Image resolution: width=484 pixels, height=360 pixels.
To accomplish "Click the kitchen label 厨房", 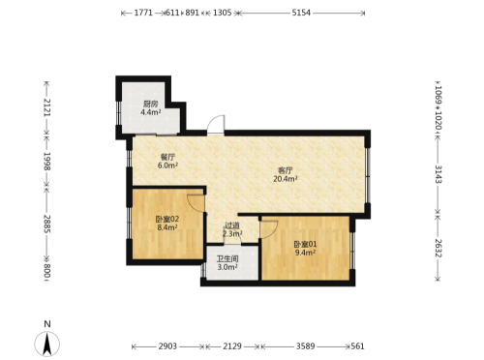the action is pyautogui.click(x=151, y=104).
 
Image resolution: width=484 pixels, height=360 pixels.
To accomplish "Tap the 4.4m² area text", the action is pyautogui.click(x=151, y=112).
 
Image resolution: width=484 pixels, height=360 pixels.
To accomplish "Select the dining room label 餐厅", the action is pyautogui.click(x=167, y=158).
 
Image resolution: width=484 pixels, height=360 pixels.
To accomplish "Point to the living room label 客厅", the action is pyautogui.click(x=286, y=170).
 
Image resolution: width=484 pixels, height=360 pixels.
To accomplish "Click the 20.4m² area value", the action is pyautogui.click(x=286, y=178).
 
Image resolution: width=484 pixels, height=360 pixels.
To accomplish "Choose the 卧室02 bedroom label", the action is pyautogui.click(x=167, y=219).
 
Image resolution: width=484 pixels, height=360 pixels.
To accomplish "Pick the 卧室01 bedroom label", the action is pyautogui.click(x=305, y=244).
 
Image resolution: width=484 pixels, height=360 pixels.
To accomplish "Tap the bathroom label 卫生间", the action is pyautogui.click(x=227, y=258).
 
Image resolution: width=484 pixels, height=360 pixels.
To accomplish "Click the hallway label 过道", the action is pyautogui.click(x=232, y=225).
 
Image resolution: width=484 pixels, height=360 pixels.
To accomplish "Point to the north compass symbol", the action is pyautogui.click(x=47, y=345).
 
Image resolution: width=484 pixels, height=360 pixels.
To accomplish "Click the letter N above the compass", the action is pyautogui.click(x=47, y=324).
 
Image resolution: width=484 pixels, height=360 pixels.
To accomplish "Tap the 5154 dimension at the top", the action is pyautogui.click(x=301, y=13).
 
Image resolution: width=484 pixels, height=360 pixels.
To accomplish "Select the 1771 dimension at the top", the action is pyautogui.click(x=143, y=13).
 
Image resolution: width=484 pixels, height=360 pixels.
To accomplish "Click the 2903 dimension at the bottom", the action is pyautogui.click(x=167, y=346).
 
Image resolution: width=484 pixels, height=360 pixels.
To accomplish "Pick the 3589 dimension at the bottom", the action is pyautogui.click(x=306, y=346).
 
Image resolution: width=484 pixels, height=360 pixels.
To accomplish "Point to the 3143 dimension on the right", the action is pyautogui.click(x=438, y=174).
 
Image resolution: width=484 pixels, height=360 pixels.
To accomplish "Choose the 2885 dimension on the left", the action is pyautogui.click(x=47, y=225).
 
